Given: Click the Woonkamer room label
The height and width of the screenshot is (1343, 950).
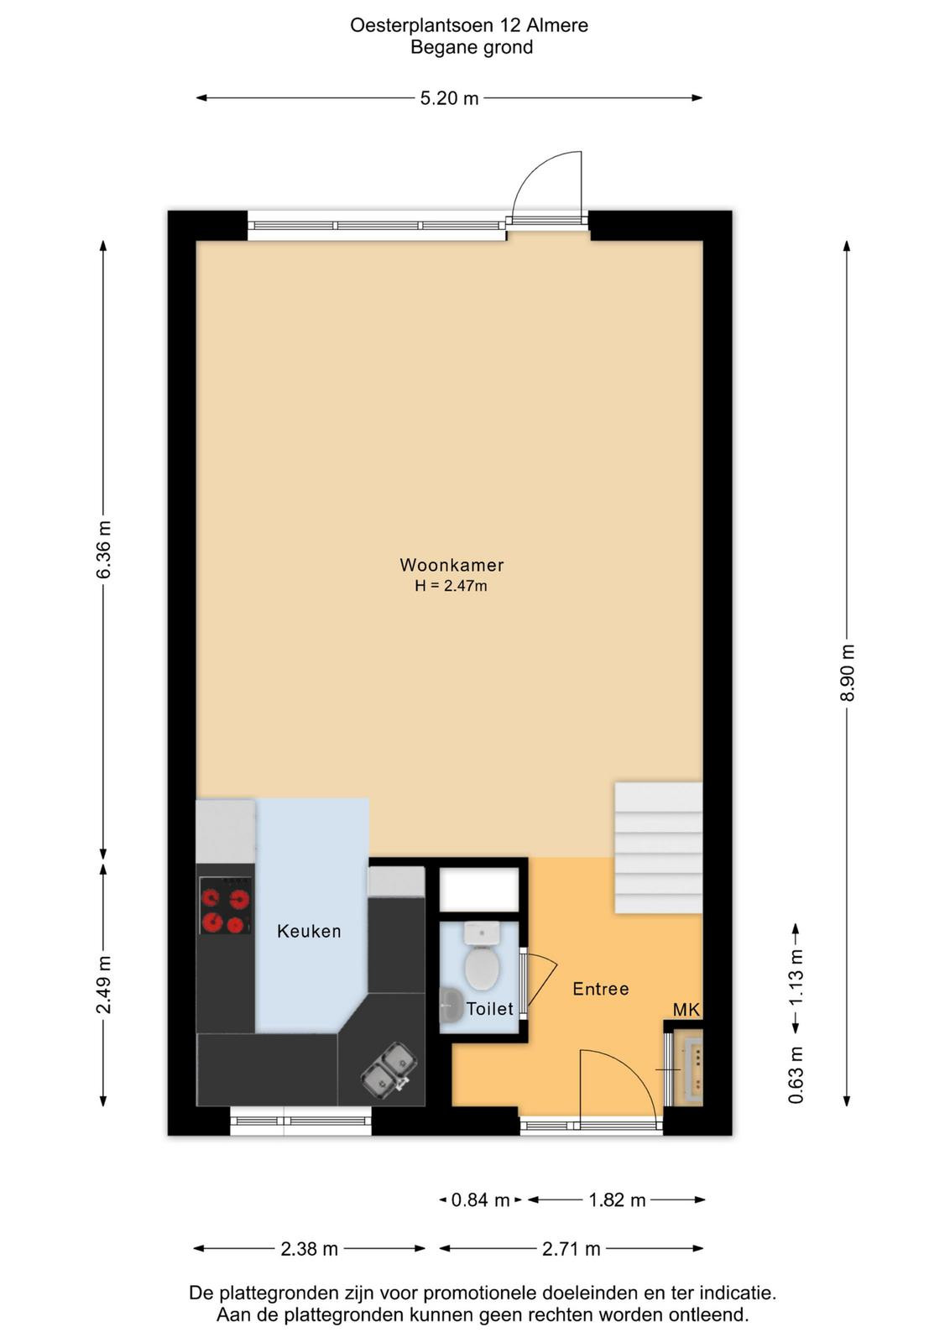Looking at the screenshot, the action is click(x=452, y=565).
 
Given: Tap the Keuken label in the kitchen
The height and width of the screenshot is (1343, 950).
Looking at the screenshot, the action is click(x=309, y=931).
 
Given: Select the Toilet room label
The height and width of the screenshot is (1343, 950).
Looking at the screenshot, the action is click(x=489, y=1009).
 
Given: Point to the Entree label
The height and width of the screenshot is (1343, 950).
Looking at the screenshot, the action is click(x=601, y=989).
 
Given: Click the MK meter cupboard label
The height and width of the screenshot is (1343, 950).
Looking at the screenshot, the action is click(x=686, y=1010).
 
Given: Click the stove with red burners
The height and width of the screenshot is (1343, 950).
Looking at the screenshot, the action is click(x=225, y=906).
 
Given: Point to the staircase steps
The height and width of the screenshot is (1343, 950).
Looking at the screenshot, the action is click(x=658, y=847).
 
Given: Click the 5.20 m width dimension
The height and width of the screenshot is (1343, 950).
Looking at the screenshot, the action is click(x=450, y=97).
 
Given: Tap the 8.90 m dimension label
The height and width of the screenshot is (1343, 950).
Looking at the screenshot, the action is click(x=847, y=672).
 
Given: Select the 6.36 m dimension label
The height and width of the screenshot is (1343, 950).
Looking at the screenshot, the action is click(x=103, y=550).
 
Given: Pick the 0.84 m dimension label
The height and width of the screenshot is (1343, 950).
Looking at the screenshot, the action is click(x=480, y=1200).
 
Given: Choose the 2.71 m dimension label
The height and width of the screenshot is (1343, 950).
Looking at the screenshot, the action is click(x=572, y=1249).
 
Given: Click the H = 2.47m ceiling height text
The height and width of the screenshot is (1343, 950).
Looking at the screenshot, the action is click(x=451, y=587).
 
